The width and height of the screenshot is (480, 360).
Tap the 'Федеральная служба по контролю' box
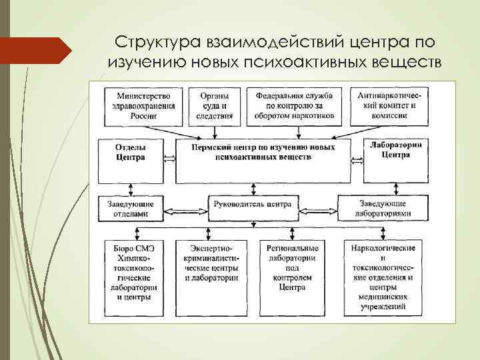coord(294,105)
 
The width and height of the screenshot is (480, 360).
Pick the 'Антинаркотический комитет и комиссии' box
coord(387,105)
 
